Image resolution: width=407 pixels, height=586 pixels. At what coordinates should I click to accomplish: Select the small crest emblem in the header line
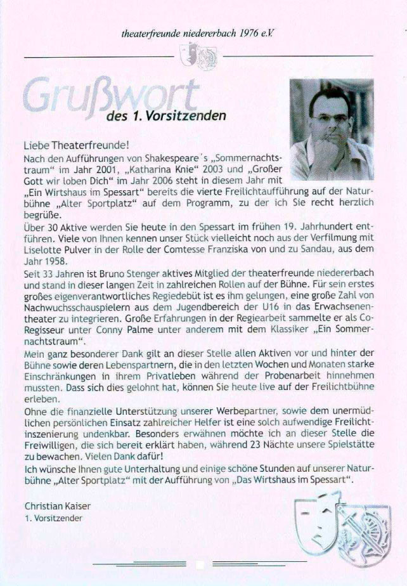pos(199,58)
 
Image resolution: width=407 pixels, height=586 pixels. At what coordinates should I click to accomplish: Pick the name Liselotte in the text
pos(44,235)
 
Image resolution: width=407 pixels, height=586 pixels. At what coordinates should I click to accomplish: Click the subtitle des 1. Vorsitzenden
pos(166,115)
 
